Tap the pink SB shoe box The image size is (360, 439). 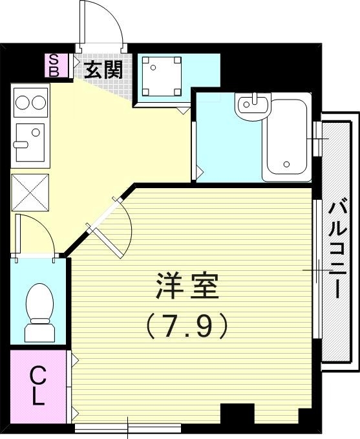pyautogui.click(x=54, y=65)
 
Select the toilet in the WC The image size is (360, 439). pyautogui.click(x=39, y=311)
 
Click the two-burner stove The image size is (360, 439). pyautogui.click(x=30, y=103)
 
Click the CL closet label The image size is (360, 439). pyautogui.click(x=39, y=386)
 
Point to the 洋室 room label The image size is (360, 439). pyautogui.click(x=187, y=286)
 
